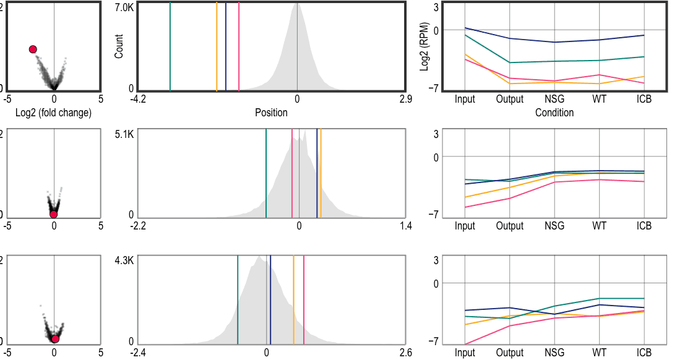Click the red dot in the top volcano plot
click(x=33, y=49)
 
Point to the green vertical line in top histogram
click(x=170, y=46)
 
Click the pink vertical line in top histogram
click(x=239, y=46)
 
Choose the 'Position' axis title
click(x=271, y=113)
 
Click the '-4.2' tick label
click(x=138, y=99)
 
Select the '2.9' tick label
click(x=406, y=99)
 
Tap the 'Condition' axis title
click(x=554, y=113)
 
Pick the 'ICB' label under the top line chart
click(x=644, y=99)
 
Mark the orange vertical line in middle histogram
click(x=321, y=173)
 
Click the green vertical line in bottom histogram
click(x=238, y=299)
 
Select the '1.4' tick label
click(x=406, y=226)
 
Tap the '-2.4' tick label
click(x=138, y=353)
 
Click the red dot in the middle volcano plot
click(x=54, y=214)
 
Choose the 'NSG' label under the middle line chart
click(x=554, y=226)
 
